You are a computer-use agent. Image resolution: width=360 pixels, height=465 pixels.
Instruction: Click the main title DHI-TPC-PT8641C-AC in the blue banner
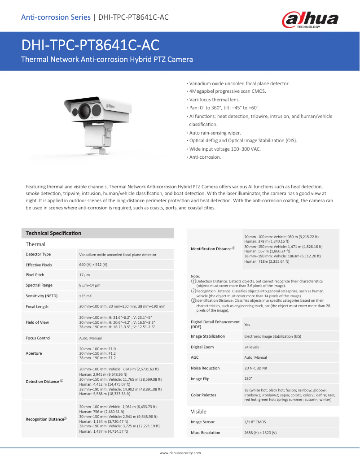tap(90, 45)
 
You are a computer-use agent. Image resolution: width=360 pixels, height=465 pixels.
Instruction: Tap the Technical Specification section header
tap(53, 233)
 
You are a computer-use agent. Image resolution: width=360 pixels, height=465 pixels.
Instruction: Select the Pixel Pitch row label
tap(35, 275)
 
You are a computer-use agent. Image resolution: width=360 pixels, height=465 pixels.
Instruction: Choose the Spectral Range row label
tap(39, 285)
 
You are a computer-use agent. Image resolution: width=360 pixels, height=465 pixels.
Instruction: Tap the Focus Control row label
tap(38, 338)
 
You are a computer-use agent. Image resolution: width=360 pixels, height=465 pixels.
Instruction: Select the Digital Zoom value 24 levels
tap(251, 347)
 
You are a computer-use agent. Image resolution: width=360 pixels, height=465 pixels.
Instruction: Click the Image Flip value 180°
tap(247, 379)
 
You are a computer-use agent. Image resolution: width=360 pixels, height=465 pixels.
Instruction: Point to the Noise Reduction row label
tap(205, 368)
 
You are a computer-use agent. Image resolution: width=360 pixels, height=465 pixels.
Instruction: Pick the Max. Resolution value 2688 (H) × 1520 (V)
tap(260, 433)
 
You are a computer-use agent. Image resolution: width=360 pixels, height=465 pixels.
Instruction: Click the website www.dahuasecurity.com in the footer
tap(180, 453)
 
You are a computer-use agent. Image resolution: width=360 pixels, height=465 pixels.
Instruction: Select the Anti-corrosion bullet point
tap(205, 157)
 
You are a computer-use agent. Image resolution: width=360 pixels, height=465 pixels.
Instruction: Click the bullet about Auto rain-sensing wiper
tap(215, 133)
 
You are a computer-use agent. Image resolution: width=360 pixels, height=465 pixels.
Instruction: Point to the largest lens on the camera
tap(85, 109)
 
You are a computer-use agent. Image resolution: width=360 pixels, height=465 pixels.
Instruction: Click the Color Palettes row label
tap(203, 395)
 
